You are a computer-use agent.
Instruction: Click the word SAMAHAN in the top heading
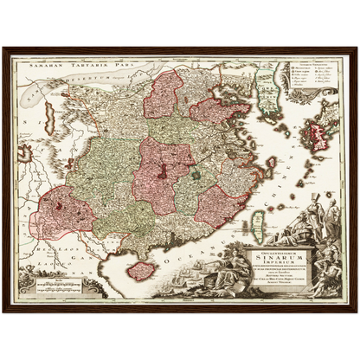[43, 65]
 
